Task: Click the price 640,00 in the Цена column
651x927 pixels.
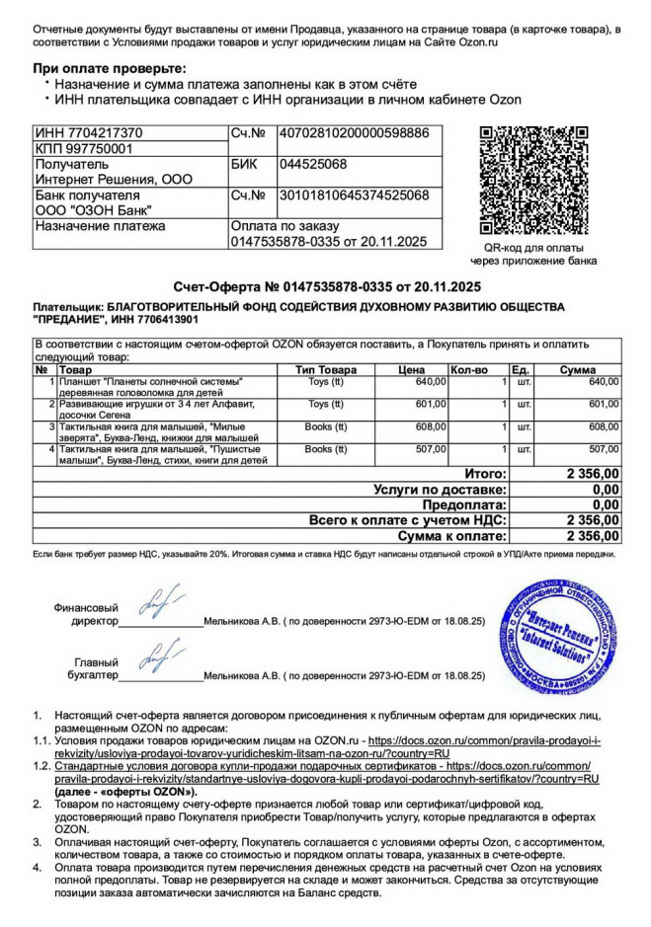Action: [x=431, y=381]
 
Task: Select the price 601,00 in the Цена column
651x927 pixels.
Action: [x=431, y=404]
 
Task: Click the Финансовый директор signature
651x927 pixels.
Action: [x=161, y=601]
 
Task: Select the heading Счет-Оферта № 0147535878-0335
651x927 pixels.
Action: [x=326, y=286]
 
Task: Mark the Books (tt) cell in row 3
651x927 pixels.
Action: [x=325, y=426]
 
